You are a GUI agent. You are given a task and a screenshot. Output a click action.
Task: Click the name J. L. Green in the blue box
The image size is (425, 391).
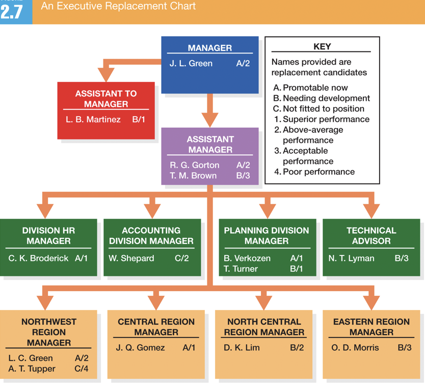(191, 64)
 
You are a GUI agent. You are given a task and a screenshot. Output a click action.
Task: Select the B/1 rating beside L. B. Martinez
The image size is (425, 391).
(139, 120)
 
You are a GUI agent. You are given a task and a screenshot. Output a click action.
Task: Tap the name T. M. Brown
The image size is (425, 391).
(193, 176)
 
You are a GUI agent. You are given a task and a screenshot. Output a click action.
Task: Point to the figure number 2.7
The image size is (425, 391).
(12, 11)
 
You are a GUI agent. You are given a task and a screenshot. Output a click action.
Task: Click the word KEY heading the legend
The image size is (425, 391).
(322, 46)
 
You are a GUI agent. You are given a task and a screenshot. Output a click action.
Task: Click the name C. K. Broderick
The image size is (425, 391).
(38, 258)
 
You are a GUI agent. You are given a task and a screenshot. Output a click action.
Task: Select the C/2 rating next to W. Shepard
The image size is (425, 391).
(182, 258)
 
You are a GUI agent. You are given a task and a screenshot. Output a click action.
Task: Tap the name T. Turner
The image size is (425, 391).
(241, 269)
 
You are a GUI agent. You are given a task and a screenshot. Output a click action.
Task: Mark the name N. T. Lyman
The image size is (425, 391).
(351, 258)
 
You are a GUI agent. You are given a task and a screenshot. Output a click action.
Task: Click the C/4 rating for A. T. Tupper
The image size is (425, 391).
(82, 369)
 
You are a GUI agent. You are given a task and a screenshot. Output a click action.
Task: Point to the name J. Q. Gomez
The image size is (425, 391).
(141, 348)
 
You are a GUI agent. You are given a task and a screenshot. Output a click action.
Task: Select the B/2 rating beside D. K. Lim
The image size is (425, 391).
(297, 348)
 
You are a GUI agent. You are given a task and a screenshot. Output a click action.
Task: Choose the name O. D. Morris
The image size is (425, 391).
(355, 348)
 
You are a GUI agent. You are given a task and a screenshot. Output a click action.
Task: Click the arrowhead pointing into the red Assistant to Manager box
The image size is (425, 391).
(106, 74)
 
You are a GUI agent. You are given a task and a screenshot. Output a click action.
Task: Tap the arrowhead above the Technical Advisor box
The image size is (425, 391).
(371, 210)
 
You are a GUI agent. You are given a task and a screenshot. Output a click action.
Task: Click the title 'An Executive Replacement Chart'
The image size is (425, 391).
(118, 7)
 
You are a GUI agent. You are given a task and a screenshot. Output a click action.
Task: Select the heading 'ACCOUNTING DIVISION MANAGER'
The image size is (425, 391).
(151, 236)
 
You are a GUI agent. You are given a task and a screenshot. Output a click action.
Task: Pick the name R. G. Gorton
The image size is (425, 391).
(195, 165)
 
